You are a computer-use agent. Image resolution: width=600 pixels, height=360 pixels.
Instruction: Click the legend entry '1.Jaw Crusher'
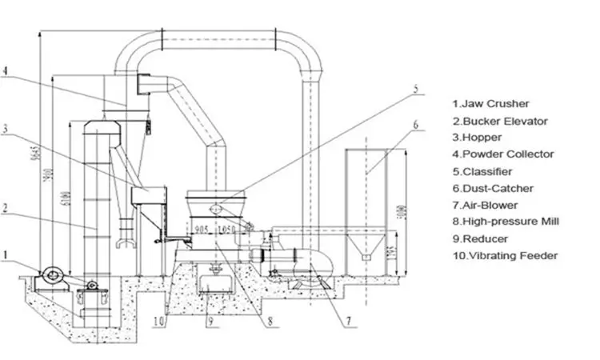point(490,103)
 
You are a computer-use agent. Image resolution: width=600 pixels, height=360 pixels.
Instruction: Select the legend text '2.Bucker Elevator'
point(499,121)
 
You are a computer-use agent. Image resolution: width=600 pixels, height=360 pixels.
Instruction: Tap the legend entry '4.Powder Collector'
point(502,154)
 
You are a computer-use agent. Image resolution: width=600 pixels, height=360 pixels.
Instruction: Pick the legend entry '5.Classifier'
point(482,171)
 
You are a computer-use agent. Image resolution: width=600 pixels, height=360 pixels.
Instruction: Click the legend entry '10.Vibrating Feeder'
point(505,255)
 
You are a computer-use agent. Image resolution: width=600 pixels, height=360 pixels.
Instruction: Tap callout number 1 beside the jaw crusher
point(6,257)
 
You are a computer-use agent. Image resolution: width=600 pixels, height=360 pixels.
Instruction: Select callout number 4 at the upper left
point(6,70)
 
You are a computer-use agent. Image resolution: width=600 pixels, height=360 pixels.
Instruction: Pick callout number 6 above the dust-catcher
point(415,124)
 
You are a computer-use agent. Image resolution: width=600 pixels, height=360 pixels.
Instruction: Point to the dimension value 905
point(201,230)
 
